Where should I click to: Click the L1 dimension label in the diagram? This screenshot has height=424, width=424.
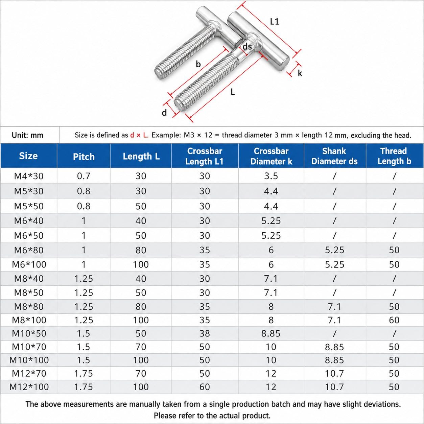coord(274,22)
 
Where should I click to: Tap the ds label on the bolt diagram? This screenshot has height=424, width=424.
coord(247,46)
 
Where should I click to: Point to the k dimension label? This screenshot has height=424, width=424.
coord(300,73)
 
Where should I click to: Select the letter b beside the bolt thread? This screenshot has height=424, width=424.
coord(198,64)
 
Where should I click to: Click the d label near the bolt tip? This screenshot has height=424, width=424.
coord(164,113)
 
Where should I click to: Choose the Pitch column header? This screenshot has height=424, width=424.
coord(84,157)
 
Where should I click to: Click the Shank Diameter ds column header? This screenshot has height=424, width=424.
coord(334,156)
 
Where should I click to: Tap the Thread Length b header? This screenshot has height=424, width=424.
coord(394,156)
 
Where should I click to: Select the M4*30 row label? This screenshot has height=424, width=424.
coord(29,176)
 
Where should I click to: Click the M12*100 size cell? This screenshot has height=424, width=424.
coord(29,386)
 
